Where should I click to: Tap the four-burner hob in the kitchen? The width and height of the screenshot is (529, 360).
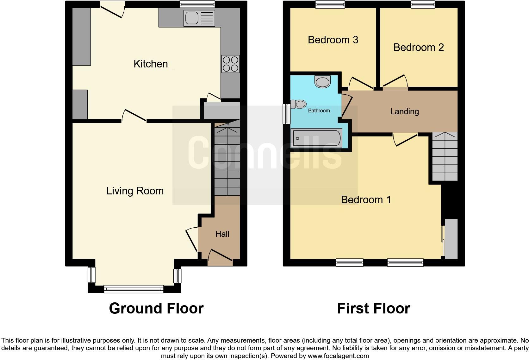pos(230,64)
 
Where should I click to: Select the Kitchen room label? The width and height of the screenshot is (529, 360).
pos(151,64)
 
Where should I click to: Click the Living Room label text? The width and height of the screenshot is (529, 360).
pos(135,191)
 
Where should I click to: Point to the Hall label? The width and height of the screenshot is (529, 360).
pos(222,234)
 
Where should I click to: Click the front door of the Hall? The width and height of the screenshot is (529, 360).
pos(221,257)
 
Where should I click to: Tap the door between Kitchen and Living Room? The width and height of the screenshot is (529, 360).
pos(134,116)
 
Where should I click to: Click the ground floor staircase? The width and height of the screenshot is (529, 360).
pos(227,161)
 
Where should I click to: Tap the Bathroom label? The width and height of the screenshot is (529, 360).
pos(319,111)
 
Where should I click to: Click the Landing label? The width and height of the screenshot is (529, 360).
pos(404,111)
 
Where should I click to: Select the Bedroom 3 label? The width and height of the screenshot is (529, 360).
pos(333,40)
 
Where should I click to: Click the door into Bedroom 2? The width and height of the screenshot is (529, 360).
pos(395,81)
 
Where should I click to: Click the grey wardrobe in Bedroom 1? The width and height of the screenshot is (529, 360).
pos(451,239)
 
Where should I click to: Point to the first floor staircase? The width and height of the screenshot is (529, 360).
pos(445,157)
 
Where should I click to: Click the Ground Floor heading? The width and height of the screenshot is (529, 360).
pos(156,308)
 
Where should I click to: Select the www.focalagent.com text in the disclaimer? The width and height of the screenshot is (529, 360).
pos(338,356)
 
